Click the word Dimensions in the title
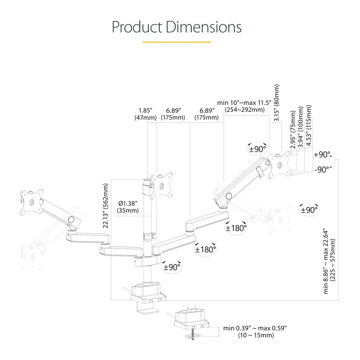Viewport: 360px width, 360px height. pos(203,27)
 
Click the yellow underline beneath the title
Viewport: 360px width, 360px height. pos(176,42)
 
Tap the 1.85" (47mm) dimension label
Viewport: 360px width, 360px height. pos(145,114)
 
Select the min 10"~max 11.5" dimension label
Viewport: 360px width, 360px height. pos(244,103)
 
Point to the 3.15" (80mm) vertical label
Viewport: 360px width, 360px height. pos(277,103)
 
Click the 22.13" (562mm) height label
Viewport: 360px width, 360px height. pos(106,206)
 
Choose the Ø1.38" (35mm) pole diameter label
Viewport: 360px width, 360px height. pos(128,207)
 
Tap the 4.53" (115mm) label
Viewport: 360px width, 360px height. pos(309,125)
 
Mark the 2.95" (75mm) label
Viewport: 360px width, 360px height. pos(293,130)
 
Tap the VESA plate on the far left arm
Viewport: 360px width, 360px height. pos(32,202)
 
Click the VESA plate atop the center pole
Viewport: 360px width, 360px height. pos(162,186)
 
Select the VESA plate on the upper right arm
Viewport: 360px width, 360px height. pos(280,165)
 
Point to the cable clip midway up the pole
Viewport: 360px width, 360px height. pos(149,236)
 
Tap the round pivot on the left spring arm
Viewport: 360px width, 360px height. pos(71,220)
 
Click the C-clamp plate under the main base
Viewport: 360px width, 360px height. pos(148,311)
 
